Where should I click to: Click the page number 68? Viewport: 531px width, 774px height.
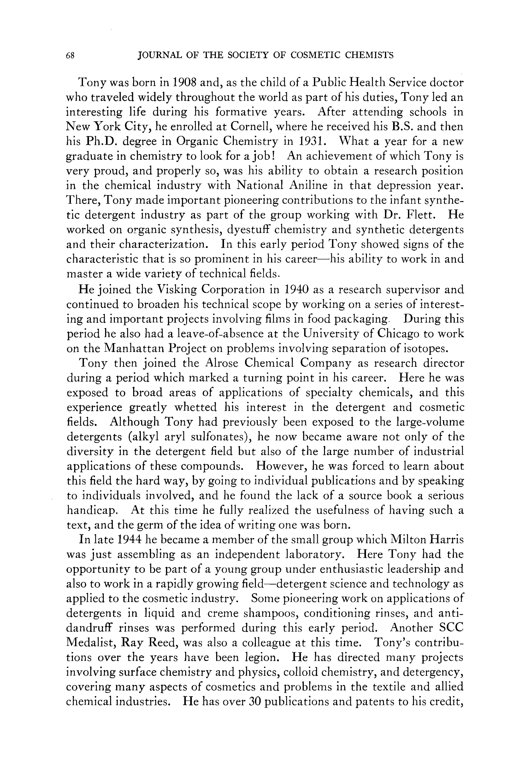pos(70,56)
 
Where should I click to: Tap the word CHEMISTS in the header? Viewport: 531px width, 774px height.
pos(369,55)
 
